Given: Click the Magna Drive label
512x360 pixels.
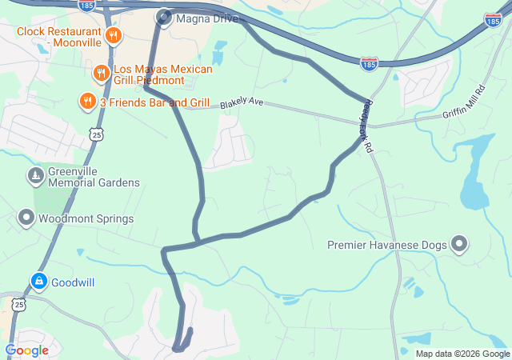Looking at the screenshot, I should [x=206, y=18].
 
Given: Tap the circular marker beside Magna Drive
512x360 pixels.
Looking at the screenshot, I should [x=164, y=17].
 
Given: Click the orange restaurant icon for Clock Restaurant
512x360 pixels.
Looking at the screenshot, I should [x=114, y=36].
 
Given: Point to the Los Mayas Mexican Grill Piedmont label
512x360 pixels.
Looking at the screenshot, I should [x=163, y=75].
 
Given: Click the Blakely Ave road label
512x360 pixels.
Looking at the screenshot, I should [x=242, y=102].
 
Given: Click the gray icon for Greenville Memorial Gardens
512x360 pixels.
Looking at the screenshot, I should [x=35, y=175].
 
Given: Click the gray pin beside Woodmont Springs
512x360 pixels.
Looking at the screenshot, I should [x=26, y=218].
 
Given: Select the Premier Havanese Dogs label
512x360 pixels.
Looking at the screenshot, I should [x=387, y=245].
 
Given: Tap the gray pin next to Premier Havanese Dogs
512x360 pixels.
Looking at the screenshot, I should [x=460, y=244].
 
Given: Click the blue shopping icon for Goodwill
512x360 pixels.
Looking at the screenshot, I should [x=38, y=282].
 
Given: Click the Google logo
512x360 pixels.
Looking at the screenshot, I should [x=26, y=350].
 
